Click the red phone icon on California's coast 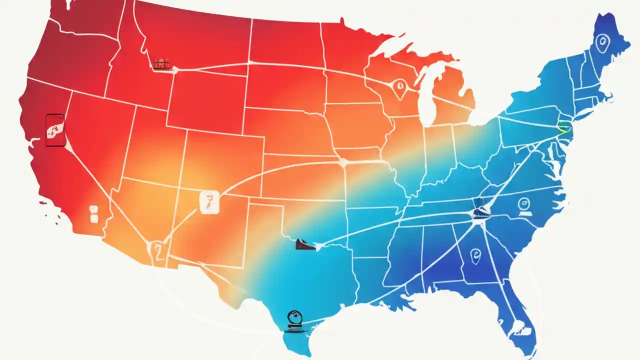point(55,130)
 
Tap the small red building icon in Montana point(162,64)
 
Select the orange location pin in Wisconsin point(399,88)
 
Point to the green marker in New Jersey point(563,128)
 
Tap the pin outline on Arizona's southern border point(156,247)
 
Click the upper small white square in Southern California point(93,208)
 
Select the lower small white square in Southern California point(93,218)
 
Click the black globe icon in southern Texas point(294,320)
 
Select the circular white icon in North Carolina point(523,204)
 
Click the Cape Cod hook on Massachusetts point(609,95)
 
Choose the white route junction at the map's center point(343,162)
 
